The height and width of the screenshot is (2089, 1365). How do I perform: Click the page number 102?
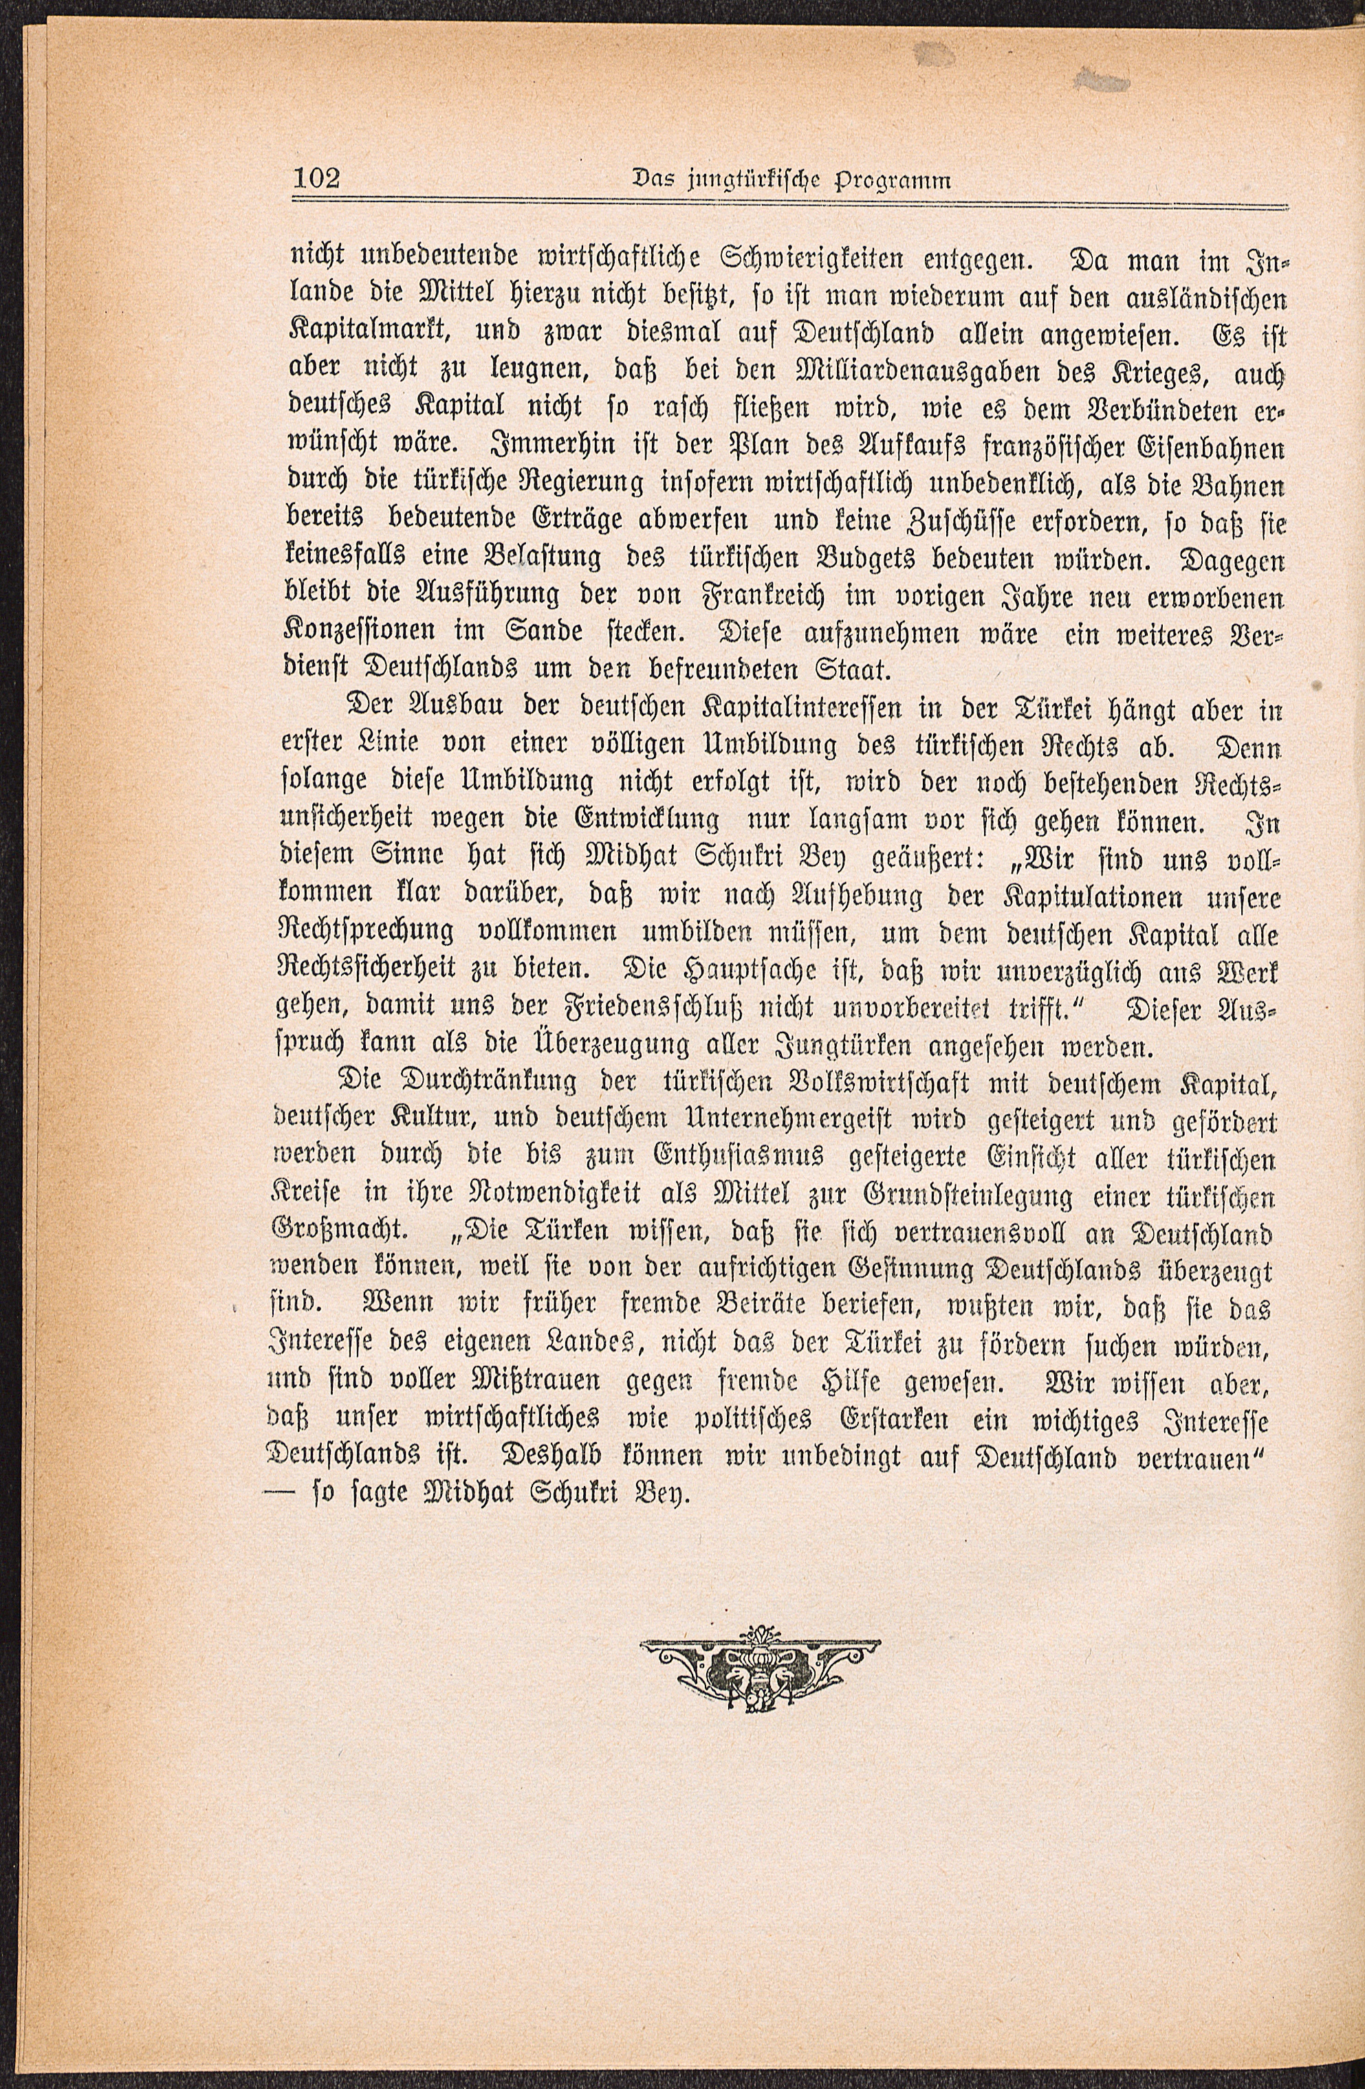pyautogui.click(x=314, y=178)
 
